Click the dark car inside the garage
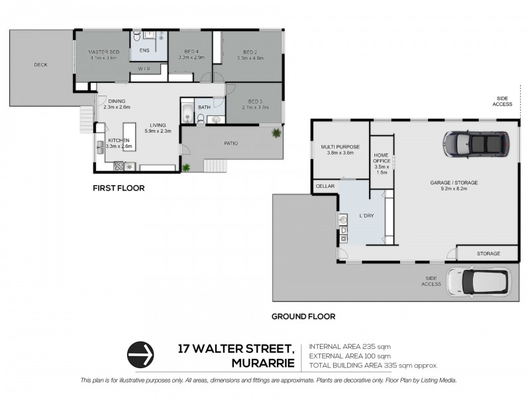[476, 144]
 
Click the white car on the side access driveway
[478, 281]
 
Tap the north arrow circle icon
[140, 355]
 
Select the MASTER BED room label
[104, 52]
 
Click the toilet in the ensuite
[136, 35]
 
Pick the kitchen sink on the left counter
[101, 147]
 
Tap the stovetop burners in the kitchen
[119, 166]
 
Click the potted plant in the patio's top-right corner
[276, 133]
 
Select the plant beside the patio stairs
[186, 167]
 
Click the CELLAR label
[325, 186]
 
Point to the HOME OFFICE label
[382, 158]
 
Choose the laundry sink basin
[343, 220]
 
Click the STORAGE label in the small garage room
[488, 253]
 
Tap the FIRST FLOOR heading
[119, 188]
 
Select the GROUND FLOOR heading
[303, 317]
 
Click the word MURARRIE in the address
[263, 363]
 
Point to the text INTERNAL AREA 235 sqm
[350, 347]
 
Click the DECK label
[40, 64]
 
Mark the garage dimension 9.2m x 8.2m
[454, 189]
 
